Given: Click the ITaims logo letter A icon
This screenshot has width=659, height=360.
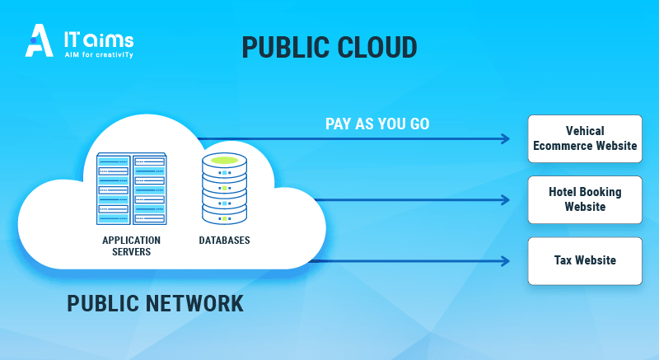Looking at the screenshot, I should click(x=40, y=40).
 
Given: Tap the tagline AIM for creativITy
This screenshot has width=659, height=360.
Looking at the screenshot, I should click(x=99, y=54).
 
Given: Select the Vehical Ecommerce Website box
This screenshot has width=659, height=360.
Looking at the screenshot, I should click(x=584, y=138).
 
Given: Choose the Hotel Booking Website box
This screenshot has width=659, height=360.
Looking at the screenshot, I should click(x=584, y=199).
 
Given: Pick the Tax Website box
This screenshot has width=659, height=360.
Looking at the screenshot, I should click(x=584, y=260).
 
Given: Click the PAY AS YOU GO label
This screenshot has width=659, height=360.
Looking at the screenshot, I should click(x=377, y=124).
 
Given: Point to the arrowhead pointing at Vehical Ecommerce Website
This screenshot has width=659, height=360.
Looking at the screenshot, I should click(x=506, y=138).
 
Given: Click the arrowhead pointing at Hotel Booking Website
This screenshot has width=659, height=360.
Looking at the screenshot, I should click(x=506, y=199).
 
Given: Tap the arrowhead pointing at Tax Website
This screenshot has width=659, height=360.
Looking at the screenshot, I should click(x=506, y=261).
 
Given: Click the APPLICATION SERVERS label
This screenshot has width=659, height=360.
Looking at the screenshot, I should click(x=131, y=246).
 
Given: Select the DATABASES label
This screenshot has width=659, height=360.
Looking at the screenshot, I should click(x=224, y=241).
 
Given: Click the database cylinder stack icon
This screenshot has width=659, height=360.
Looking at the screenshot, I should click(x=224, y=189).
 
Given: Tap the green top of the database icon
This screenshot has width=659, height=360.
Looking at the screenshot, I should click(x=224, y=159).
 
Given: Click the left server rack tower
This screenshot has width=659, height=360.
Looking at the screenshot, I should click(x=114, y=189).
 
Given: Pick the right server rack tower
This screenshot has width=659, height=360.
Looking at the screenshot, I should click(x=149, y=189).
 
